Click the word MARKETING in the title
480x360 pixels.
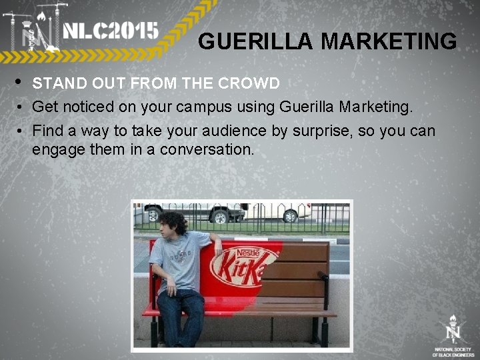389,42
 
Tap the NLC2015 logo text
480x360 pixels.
111,31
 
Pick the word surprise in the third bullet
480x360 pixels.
321,130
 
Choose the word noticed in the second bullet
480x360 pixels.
89,107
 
